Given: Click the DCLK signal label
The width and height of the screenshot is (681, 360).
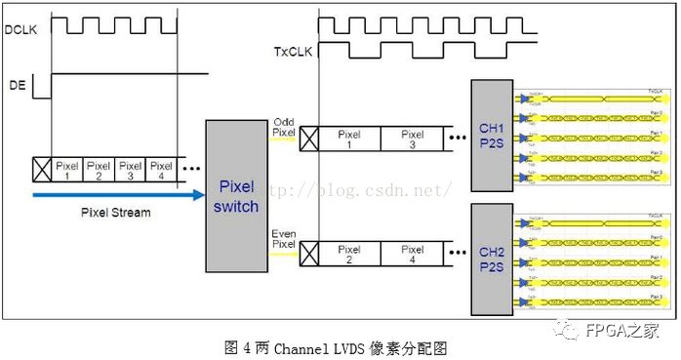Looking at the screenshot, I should point(20,30).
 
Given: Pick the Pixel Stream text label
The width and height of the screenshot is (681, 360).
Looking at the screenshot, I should point(115,212).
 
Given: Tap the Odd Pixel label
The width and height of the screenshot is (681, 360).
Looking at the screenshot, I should point(282,127).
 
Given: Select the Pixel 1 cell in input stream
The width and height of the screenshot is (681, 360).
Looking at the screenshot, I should point(67,171).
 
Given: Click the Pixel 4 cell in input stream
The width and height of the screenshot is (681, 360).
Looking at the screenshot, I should point(162,171).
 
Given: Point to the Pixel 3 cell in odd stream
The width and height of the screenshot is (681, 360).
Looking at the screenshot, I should point(413,140).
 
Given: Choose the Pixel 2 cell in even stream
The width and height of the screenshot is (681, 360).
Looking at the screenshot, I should point(347,255).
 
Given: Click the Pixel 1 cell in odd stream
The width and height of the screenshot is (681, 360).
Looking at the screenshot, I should point(347,140).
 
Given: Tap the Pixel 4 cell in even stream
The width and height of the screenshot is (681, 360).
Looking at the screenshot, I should point(413,255).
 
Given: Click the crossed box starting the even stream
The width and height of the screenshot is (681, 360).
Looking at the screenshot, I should point(307,255).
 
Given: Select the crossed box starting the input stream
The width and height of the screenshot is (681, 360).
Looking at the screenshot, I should point(41,171).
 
